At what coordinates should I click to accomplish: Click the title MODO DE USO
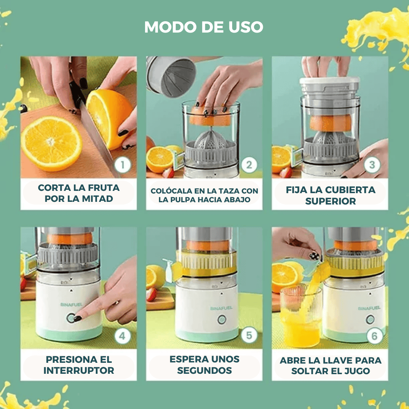point(204,27)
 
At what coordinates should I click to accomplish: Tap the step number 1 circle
point(123,165)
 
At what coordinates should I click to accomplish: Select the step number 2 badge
point(249,165)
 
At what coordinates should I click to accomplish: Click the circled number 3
point(372,165)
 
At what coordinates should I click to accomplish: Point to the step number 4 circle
point(122,336)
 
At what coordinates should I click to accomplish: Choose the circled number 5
point(249,335)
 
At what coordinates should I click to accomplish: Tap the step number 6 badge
point(375,336)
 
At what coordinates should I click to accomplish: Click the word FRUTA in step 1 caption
point(103,187)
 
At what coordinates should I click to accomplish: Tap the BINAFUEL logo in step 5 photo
point(221,308)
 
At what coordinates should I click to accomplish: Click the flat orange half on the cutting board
point(52,143)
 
